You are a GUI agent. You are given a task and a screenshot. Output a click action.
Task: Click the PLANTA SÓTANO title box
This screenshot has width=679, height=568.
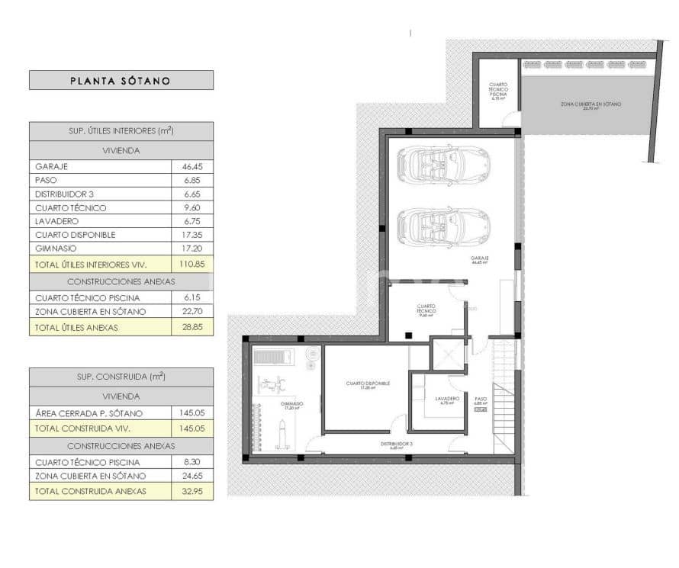click(121, 80)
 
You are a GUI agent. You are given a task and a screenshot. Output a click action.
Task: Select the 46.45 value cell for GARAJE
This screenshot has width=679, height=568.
click(192, 165)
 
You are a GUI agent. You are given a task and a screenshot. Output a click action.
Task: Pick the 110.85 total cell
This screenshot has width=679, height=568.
click(192, 264)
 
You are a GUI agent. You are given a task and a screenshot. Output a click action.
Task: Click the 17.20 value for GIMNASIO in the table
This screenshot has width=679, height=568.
click(192, 249)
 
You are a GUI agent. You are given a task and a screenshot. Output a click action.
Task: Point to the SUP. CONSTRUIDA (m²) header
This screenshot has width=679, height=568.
click(121, 377)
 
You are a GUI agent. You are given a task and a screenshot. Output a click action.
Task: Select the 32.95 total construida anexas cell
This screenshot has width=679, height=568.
click(192, 491)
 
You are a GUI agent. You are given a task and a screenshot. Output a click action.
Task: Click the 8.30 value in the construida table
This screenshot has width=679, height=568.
click(192, 462)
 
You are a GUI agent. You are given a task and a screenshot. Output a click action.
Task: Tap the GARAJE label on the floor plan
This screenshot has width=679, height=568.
click(479, 259)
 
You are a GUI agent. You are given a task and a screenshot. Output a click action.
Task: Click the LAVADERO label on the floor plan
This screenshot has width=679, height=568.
click(447, 400)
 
